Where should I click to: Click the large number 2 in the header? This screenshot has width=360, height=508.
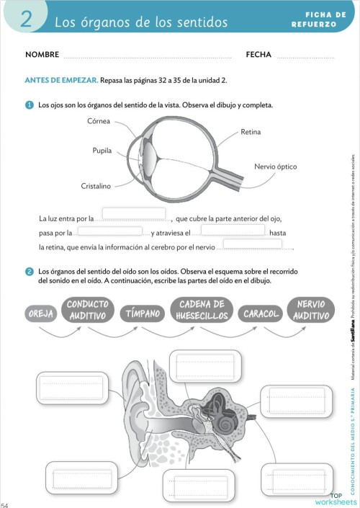click(x=26, y=19)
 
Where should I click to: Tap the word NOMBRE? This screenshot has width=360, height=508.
click(x=42, y=55)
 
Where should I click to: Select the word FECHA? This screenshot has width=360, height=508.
click(x=258, y=55)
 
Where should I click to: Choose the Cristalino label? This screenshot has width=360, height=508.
click(x=96, y=186)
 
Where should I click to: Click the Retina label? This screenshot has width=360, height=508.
click(x=251, y=133)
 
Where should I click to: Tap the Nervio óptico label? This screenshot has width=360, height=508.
click(x=275, y=166)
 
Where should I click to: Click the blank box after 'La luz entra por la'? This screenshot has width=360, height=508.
click(x=134, y=215)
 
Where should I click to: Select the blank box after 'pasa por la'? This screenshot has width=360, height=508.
click(x=109, y=231)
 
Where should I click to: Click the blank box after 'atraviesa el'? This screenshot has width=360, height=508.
click(x=233, y=231)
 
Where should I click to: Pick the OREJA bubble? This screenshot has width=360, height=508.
click(x=40, y=314)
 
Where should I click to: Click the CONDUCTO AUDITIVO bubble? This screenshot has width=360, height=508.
click(x=88, y=311)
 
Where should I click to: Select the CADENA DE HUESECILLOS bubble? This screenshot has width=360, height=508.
click(x=202, y=311)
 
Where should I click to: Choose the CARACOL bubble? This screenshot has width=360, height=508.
click(x=261, y=314)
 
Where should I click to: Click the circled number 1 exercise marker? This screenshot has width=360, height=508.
click(x=30, y=105)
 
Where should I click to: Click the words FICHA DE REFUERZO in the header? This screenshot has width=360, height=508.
click(x=315, y=19)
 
